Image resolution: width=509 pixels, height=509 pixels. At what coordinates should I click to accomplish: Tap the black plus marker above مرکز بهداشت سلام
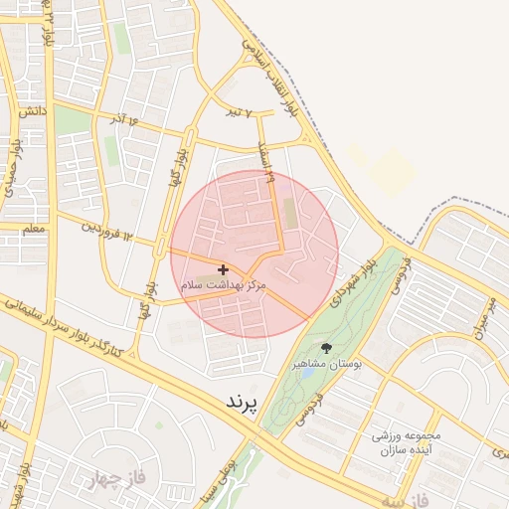(223, 269)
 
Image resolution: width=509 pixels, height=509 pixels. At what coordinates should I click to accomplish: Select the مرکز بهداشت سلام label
(225, 284)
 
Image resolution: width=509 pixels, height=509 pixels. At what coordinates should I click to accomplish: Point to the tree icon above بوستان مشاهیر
(327, 348)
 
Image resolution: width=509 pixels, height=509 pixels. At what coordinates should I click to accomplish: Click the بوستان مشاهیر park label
(326, 365)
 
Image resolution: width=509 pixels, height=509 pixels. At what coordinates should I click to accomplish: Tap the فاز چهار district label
(115, 478)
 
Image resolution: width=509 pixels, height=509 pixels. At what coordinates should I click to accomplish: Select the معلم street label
(34, 229)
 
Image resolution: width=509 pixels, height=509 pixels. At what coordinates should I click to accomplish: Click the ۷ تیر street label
(238, 112)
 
